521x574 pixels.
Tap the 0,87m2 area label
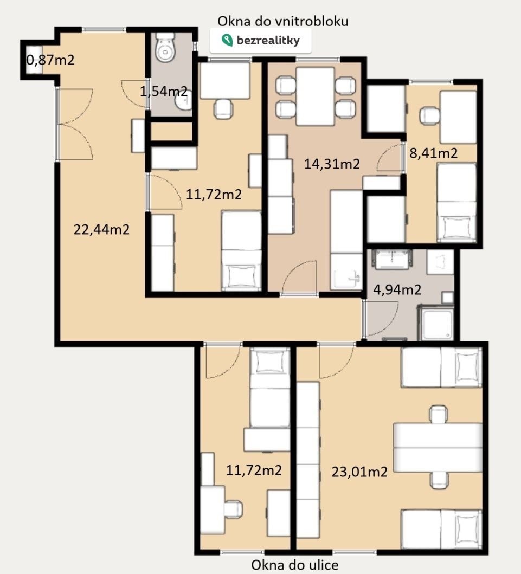(x=50, y=60)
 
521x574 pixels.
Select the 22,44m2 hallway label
(x=101, y=229)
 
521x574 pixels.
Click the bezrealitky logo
(x=261, y=40)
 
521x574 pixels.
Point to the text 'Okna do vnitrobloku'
(x=282, y=21)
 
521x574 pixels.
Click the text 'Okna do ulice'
(x=295, y=565)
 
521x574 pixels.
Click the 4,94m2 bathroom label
(x=397, y=289)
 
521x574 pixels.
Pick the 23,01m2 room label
(x=359, y=472)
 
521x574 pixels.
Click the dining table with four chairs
(x=316, y=98)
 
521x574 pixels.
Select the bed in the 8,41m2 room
(x=456, y=202)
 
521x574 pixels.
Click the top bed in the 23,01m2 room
(x=441, y=367)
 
